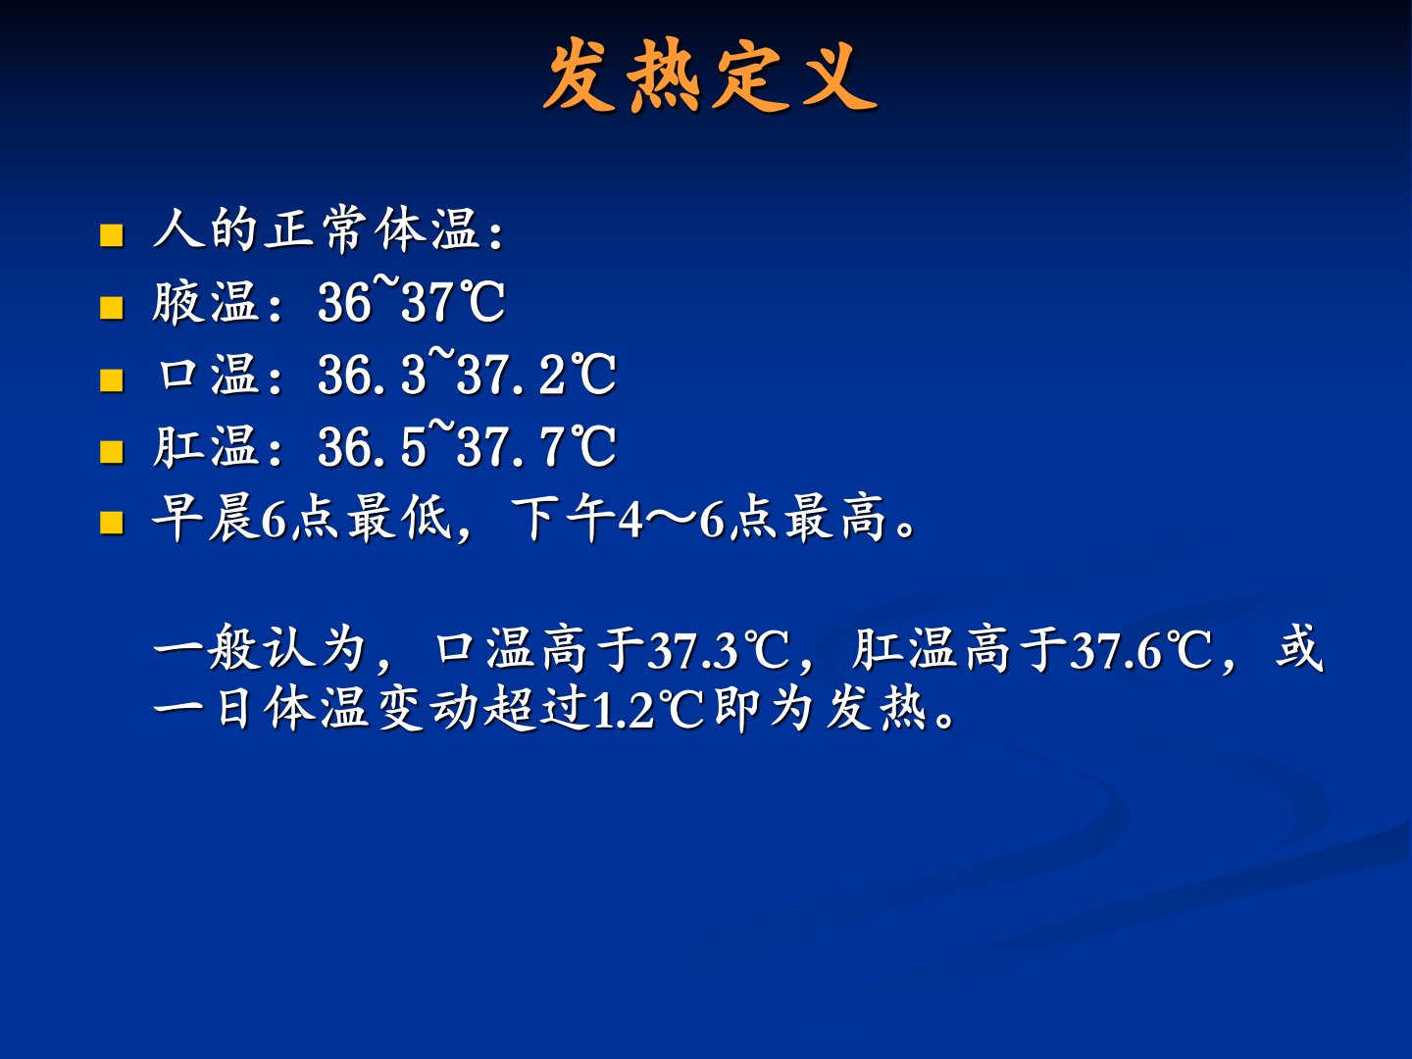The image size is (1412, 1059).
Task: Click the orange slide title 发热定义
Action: [x=710, y=76]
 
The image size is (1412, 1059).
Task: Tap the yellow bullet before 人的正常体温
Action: [x=111, y=235]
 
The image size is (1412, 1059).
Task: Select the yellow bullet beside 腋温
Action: [x=111, y=307]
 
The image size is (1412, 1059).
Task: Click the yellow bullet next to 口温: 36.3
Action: [x=111, y=380]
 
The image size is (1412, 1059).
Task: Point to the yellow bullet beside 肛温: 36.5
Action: [x=111, y=452]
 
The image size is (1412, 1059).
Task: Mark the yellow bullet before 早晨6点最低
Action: [x=111, y=523]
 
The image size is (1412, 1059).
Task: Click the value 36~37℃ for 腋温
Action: [x=412, y=300]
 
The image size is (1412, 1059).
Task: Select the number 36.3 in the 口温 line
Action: [x=373, y=375]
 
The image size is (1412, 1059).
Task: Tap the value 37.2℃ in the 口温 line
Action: [x=536, y=375]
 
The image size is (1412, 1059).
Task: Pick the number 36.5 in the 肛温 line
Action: [x=373, y=447]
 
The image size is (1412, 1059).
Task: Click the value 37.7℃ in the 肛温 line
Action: [x=536, y=447]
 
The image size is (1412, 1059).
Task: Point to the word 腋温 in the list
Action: [x=206, y=302]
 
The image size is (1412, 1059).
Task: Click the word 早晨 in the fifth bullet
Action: [x=206, y=519]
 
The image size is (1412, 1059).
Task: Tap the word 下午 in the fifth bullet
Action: [x=564, y=519]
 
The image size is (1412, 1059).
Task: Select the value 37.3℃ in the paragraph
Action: [x=719, y=650]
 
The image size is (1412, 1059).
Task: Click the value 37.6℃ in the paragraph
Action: [x=1140, y=650]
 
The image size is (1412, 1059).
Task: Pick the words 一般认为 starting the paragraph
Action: [x=261, y=648]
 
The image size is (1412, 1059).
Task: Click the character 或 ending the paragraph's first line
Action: [x=1299, y=648]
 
